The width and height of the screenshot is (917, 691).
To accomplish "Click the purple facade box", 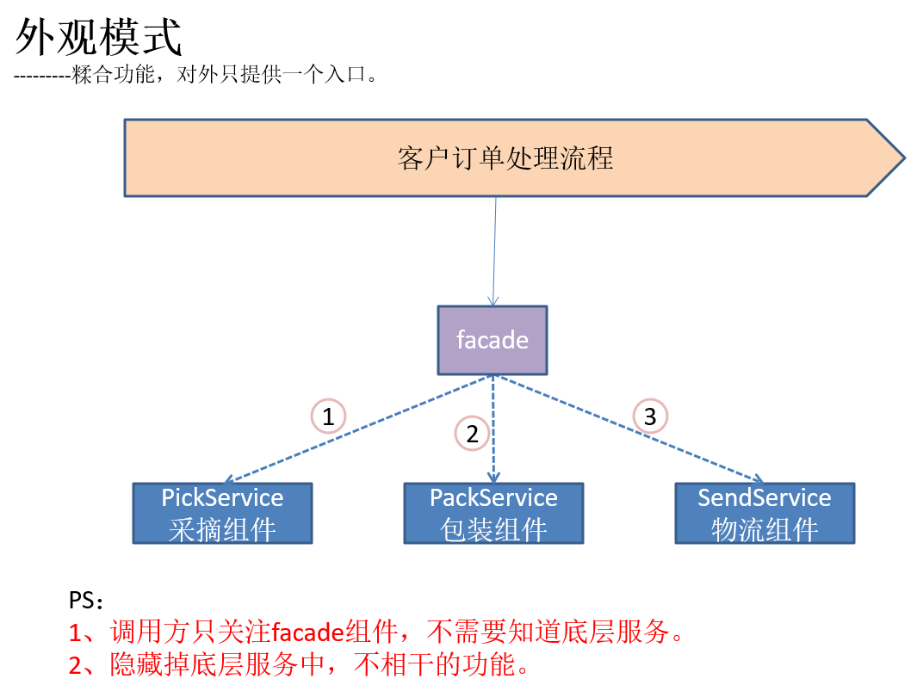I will point(492,340).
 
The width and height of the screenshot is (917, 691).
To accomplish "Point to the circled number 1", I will point(327,417).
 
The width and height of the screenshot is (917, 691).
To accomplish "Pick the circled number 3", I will point(650,417).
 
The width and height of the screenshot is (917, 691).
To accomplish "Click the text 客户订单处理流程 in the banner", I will point(505,158).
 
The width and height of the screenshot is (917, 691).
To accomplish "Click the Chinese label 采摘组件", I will point(222,529).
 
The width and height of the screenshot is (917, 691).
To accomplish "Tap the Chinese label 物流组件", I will point(764,529).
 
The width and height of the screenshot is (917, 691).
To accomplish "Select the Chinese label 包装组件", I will point(493,529).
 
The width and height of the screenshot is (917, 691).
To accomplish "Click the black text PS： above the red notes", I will point(86,600).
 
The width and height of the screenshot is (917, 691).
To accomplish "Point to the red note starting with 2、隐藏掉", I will point(297,664).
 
